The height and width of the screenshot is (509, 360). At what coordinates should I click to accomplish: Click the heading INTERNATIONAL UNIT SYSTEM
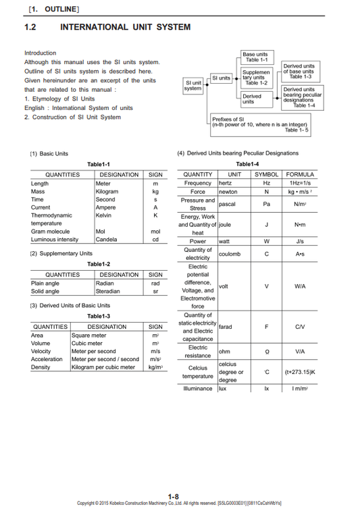click(x=125, y=28)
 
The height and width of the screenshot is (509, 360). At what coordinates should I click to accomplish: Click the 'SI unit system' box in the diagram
click(x=193, y=85)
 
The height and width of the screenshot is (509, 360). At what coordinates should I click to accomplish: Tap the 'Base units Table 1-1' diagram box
click(x=255, y=57)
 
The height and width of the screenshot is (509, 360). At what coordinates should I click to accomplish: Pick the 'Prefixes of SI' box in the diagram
click(x=260, y=125)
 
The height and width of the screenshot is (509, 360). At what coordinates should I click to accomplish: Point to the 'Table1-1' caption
click(x=98, y=165)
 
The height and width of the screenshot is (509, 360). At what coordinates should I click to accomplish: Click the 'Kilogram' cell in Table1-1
click(x=107, y=192)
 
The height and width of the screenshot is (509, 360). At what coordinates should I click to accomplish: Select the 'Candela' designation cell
click(x=107, y=240)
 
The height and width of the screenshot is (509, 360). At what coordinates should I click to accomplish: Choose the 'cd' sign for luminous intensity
click(x=155, y=240)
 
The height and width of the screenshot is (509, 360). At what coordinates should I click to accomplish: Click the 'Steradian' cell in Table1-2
click(x=109, y=292)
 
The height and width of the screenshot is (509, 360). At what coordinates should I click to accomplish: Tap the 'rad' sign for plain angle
click(x=155, y=284)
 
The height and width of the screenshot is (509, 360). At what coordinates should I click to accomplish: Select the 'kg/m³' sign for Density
click(x=155, y=367)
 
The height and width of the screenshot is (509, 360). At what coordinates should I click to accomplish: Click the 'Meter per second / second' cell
click(x=105, y=359)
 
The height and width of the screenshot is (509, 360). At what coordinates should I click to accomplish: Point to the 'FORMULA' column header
click(x=299, y=174)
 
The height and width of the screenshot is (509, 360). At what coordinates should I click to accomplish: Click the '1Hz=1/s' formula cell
click(x=299, y=183)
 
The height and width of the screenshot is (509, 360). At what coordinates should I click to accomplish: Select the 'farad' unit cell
click(x=226, y=327)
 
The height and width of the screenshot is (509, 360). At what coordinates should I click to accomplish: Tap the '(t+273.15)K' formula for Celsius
click(x=299, y=372)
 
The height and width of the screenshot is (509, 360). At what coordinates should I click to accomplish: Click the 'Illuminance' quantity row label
click(x=197, y=389)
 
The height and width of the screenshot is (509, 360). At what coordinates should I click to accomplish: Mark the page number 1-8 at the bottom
click(x=173, y=496)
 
